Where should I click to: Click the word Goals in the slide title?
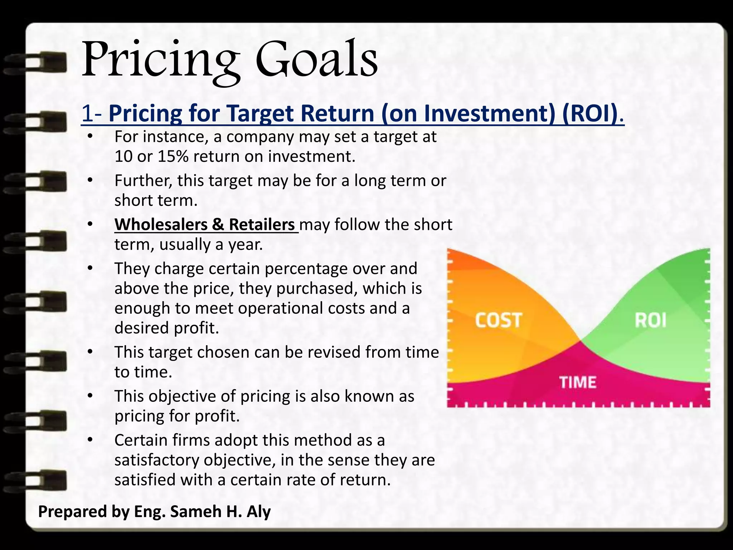pos(316,59)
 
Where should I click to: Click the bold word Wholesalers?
pos(161,225)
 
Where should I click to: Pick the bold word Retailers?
pos(261,225)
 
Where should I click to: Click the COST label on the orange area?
pos(498,320)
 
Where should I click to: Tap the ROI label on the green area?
pos(650,320)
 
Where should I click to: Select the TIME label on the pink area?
pos(578,382)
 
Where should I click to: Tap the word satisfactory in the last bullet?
pos(156,460)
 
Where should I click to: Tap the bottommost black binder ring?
pos(36,479)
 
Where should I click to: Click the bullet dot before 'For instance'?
pos(90,137)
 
